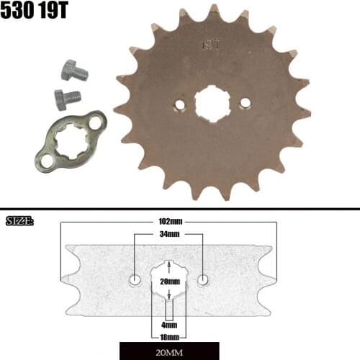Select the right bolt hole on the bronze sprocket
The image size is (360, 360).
coord(246,102)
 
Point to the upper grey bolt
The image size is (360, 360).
coord(72,71)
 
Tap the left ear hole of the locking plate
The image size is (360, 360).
coord(47,161)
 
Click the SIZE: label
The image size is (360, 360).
coord(20,220)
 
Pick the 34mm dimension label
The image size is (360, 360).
coord(169,235)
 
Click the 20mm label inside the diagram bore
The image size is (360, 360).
coord(169,282)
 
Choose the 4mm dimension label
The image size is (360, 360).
coord(169,325)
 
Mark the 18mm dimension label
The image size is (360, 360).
coord(169,336)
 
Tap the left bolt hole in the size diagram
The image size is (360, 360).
coord(135,279)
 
